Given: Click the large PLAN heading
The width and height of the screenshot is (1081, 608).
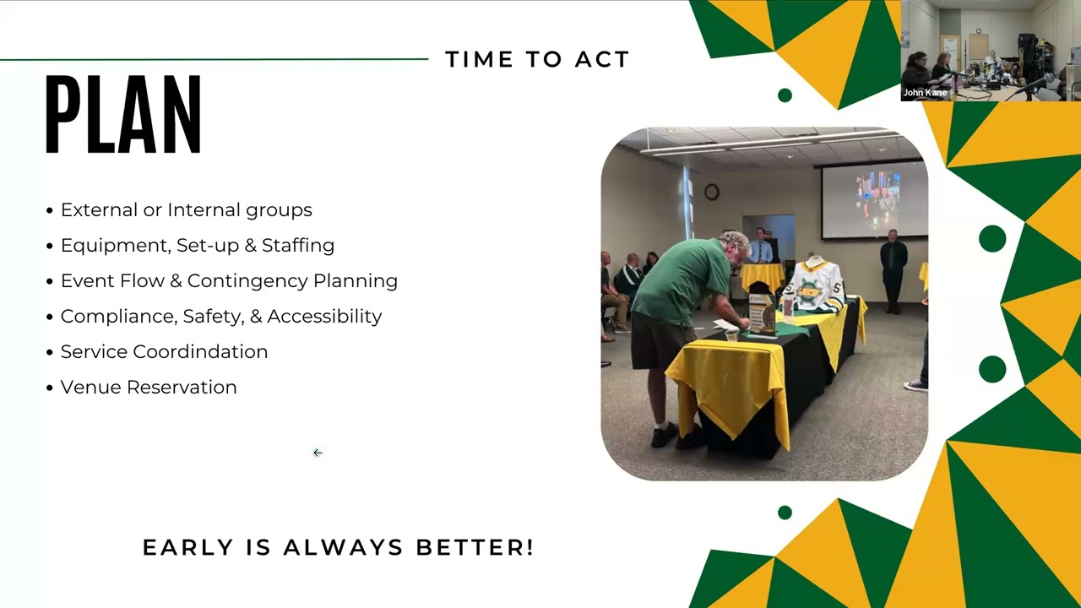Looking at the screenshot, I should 123,116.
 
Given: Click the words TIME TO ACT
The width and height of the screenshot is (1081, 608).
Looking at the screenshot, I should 537,59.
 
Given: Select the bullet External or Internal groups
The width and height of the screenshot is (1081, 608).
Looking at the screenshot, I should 186,209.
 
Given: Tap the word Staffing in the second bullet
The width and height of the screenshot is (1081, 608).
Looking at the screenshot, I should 298,245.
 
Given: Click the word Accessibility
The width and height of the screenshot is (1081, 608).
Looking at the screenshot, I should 324,316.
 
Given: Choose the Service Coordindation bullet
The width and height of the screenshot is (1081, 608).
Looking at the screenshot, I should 164,351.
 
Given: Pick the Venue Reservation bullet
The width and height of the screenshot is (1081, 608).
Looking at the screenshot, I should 149,387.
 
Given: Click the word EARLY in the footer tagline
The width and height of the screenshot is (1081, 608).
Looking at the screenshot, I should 188,547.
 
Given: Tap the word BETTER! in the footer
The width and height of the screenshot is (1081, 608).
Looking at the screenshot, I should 475,547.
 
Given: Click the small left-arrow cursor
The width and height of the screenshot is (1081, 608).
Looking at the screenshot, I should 318,453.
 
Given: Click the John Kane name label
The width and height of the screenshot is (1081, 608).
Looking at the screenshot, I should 925,93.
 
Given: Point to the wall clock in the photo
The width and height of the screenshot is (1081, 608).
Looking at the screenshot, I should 712,193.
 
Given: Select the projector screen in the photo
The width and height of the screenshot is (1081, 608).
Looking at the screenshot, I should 872,201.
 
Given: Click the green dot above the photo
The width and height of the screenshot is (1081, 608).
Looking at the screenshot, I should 785,95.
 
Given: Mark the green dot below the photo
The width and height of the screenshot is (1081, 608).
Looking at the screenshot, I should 785,513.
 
